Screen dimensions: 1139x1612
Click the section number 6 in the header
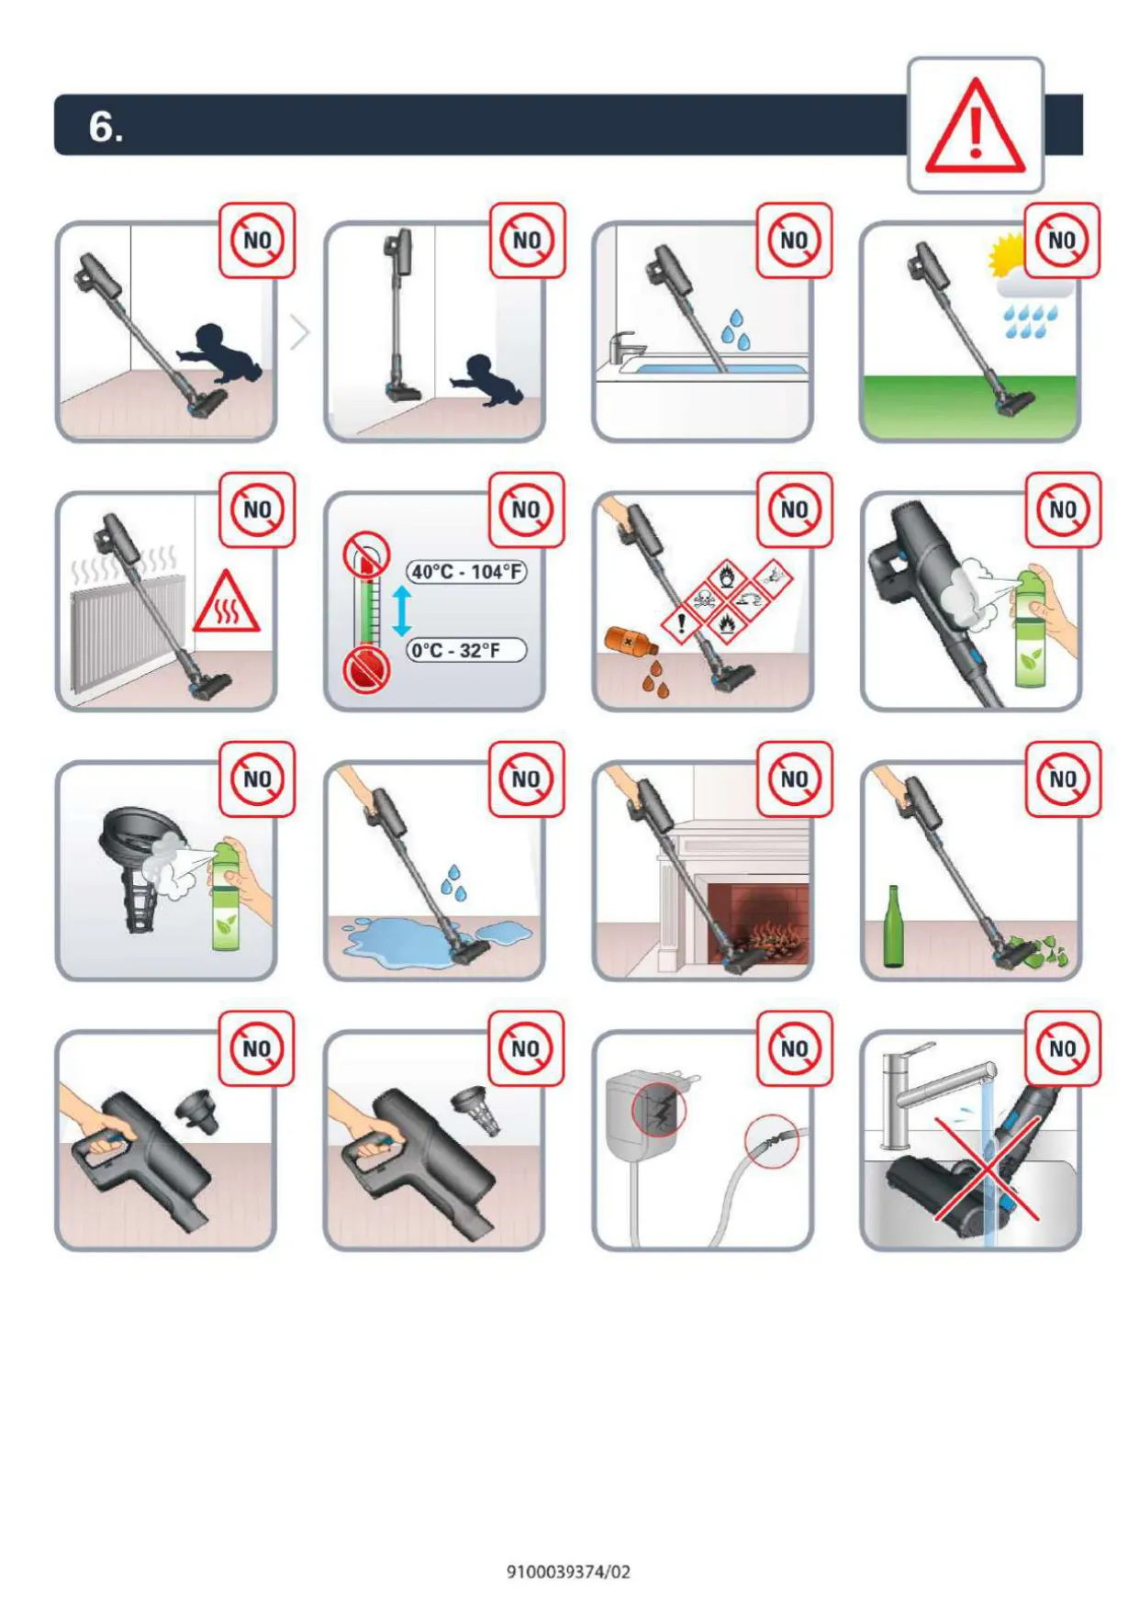point(106,127)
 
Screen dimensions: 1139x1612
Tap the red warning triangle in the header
point(975,126)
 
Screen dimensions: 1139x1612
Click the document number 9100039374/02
point(569,1572)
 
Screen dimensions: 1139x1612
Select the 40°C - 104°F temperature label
point(467,572)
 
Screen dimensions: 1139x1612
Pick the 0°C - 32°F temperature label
point(466,650)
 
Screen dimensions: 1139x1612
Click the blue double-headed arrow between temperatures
point(401,611)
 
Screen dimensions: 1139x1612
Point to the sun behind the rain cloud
point(1005,255)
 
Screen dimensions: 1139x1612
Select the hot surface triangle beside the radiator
point(226,603)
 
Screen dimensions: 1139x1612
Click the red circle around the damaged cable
point(772,1142)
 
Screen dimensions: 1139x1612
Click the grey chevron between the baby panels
point(300,331)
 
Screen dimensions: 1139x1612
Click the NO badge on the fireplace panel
point(794,779)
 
